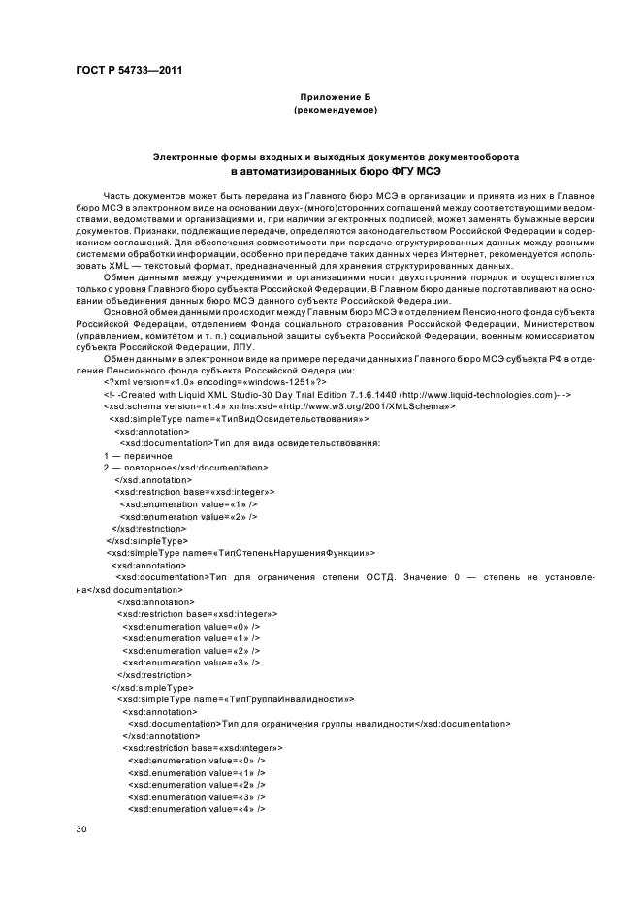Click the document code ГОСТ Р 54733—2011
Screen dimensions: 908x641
(x=129, y=70)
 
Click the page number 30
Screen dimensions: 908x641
(x=81, y=829)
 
